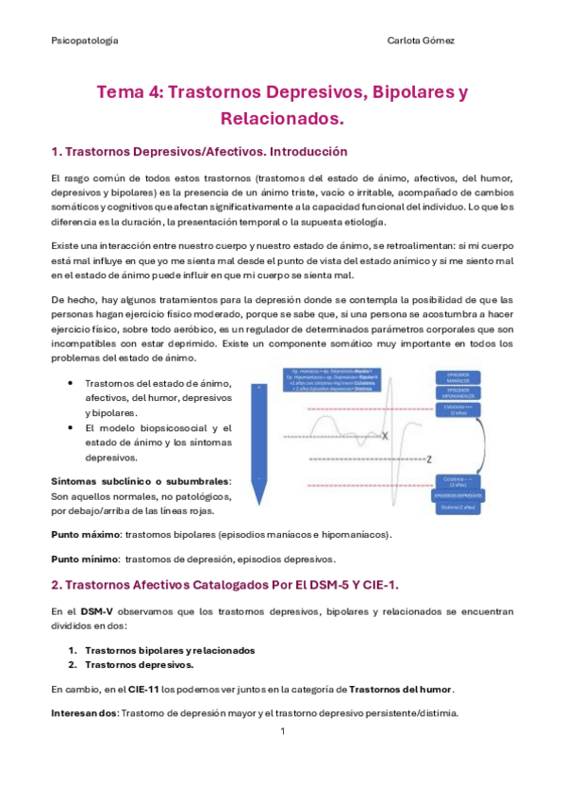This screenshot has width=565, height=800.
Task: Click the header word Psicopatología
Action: tap(84, 42)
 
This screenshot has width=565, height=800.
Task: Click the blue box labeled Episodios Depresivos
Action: tap(459, 495)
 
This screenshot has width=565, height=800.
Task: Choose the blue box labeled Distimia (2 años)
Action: tap(459, 508)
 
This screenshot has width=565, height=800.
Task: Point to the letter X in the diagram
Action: tap(384, 436)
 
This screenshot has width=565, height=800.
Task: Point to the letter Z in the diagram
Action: tap(428, 459)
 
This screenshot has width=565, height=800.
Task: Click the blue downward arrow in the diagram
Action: tap(258, 433)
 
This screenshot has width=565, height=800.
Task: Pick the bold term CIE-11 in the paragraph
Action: tap(143, 688)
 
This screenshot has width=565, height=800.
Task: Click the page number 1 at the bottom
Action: tap(282, 731)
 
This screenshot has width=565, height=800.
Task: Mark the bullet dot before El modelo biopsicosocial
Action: tap(74, 428)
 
